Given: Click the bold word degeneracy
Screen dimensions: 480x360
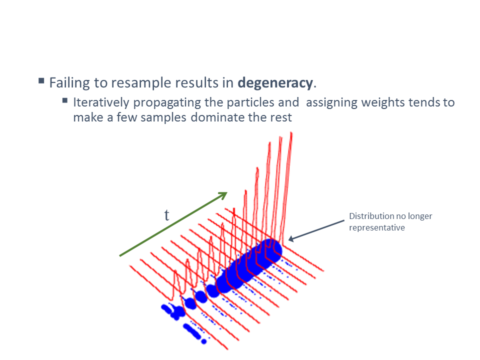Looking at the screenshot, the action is click(275, 83).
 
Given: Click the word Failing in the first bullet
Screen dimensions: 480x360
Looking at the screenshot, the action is click(69, 83).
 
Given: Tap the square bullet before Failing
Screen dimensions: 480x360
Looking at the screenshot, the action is click(41, 81).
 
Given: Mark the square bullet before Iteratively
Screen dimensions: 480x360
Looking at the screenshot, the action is click(65, 100).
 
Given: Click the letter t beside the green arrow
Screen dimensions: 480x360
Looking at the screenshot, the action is click(167, 215).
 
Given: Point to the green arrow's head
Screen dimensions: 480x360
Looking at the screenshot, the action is click(224, 194).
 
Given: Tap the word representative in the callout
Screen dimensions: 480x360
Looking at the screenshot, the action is click(377, 228).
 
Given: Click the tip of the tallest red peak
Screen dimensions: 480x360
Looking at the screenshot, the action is click(291, 132).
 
